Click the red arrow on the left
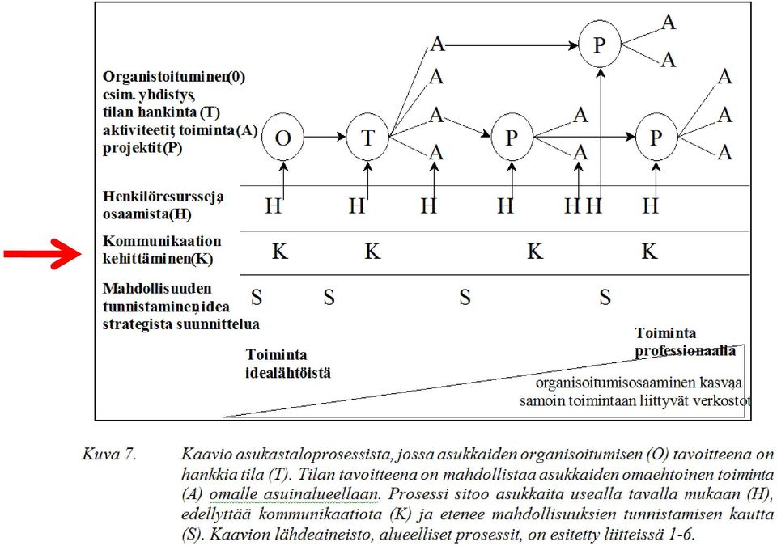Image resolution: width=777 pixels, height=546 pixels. (41, 254)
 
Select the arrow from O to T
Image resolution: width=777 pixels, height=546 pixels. (325, 137)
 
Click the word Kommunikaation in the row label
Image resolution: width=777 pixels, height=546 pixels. (162, 241)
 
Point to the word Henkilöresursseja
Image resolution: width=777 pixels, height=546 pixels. (163, 197)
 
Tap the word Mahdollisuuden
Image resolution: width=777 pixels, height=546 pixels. (157, 288)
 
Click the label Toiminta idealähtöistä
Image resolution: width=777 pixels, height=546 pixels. (288, 364)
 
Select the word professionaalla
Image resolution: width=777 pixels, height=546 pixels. (686, 351)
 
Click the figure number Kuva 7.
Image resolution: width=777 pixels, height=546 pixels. (109, 455)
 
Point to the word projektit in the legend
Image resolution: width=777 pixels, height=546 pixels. (132, 148)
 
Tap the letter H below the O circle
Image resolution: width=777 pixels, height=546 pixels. (273, 205)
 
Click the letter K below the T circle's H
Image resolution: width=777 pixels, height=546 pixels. (372, 252)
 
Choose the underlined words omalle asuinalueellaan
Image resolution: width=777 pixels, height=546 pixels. (294, 494)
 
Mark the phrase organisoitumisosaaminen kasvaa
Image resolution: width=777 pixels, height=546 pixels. (639, 383)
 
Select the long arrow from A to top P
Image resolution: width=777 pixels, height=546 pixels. (512, 45)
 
